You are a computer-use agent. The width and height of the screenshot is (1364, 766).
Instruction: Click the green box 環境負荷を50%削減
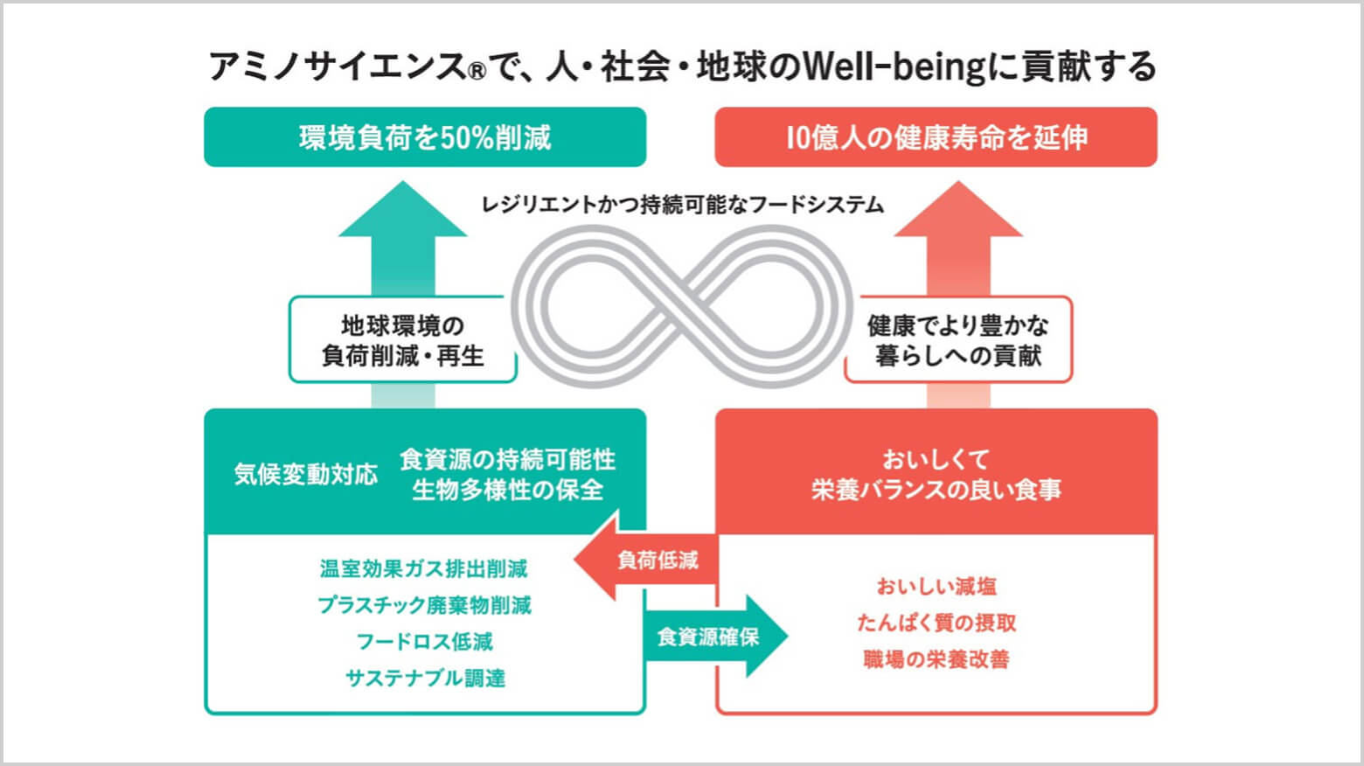point(425,137)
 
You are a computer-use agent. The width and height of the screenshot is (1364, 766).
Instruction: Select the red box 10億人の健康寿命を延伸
point(936,137)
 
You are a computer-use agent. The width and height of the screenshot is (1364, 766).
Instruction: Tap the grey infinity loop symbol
point(681,306)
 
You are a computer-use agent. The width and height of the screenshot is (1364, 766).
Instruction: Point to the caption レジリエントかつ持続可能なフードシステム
point(682,205)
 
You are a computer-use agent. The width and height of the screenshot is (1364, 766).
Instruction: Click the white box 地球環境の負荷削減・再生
point(402,340)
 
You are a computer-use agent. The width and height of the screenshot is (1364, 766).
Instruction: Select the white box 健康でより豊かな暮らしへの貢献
point(958,340)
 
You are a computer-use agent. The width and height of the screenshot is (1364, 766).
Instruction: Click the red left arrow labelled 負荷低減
point(647,560)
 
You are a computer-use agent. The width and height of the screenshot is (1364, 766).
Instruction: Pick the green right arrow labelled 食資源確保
point(713,637)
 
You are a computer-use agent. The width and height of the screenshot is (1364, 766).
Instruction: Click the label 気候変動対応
point(305,474)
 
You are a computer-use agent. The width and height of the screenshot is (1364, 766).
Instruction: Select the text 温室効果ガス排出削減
point(424,569)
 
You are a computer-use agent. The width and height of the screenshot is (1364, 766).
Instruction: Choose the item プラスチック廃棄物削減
point(424,605)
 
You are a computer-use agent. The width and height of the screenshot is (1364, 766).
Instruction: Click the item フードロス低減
point(424,642)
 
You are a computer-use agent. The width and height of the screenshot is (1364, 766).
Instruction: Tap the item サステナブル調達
point(425,678)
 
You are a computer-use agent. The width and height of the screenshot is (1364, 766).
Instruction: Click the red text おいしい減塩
point(936,587)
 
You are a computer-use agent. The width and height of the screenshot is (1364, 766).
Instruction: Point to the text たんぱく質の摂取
point(936,623)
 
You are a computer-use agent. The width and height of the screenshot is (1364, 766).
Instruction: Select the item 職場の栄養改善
point(936,659)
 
